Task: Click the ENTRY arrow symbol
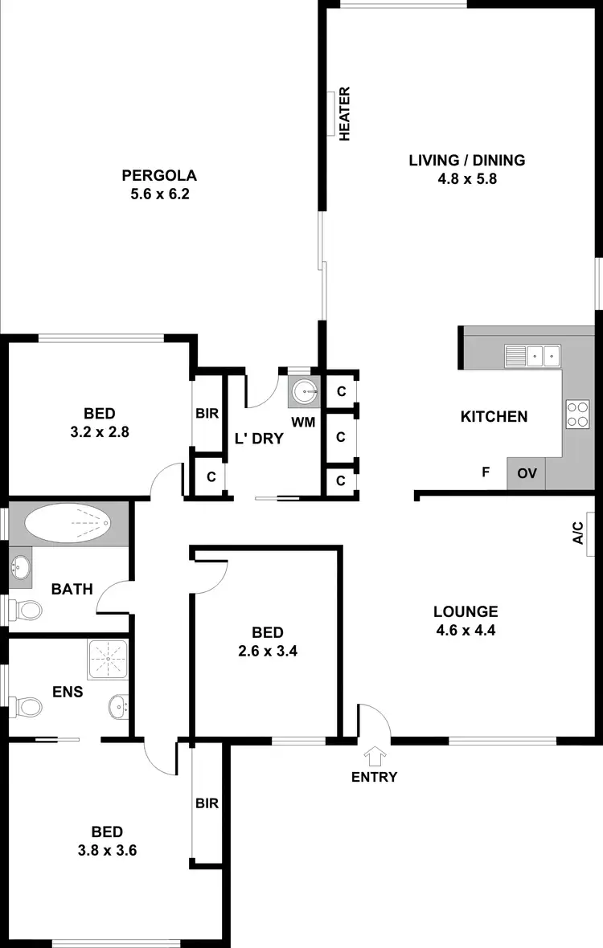coord(374,756)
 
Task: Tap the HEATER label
coord(346,114)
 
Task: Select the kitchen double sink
coord(532,354)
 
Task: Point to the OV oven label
coord(527,473)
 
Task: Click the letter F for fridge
coord(486,472)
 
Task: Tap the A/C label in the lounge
coord(577,533)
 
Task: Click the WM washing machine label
coord(303,422)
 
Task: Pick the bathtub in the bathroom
coord(68,523)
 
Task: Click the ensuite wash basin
coord(118,707)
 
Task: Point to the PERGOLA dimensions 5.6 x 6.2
coord(159,194)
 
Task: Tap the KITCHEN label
coord(494,416)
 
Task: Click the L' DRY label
coord(259,439)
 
